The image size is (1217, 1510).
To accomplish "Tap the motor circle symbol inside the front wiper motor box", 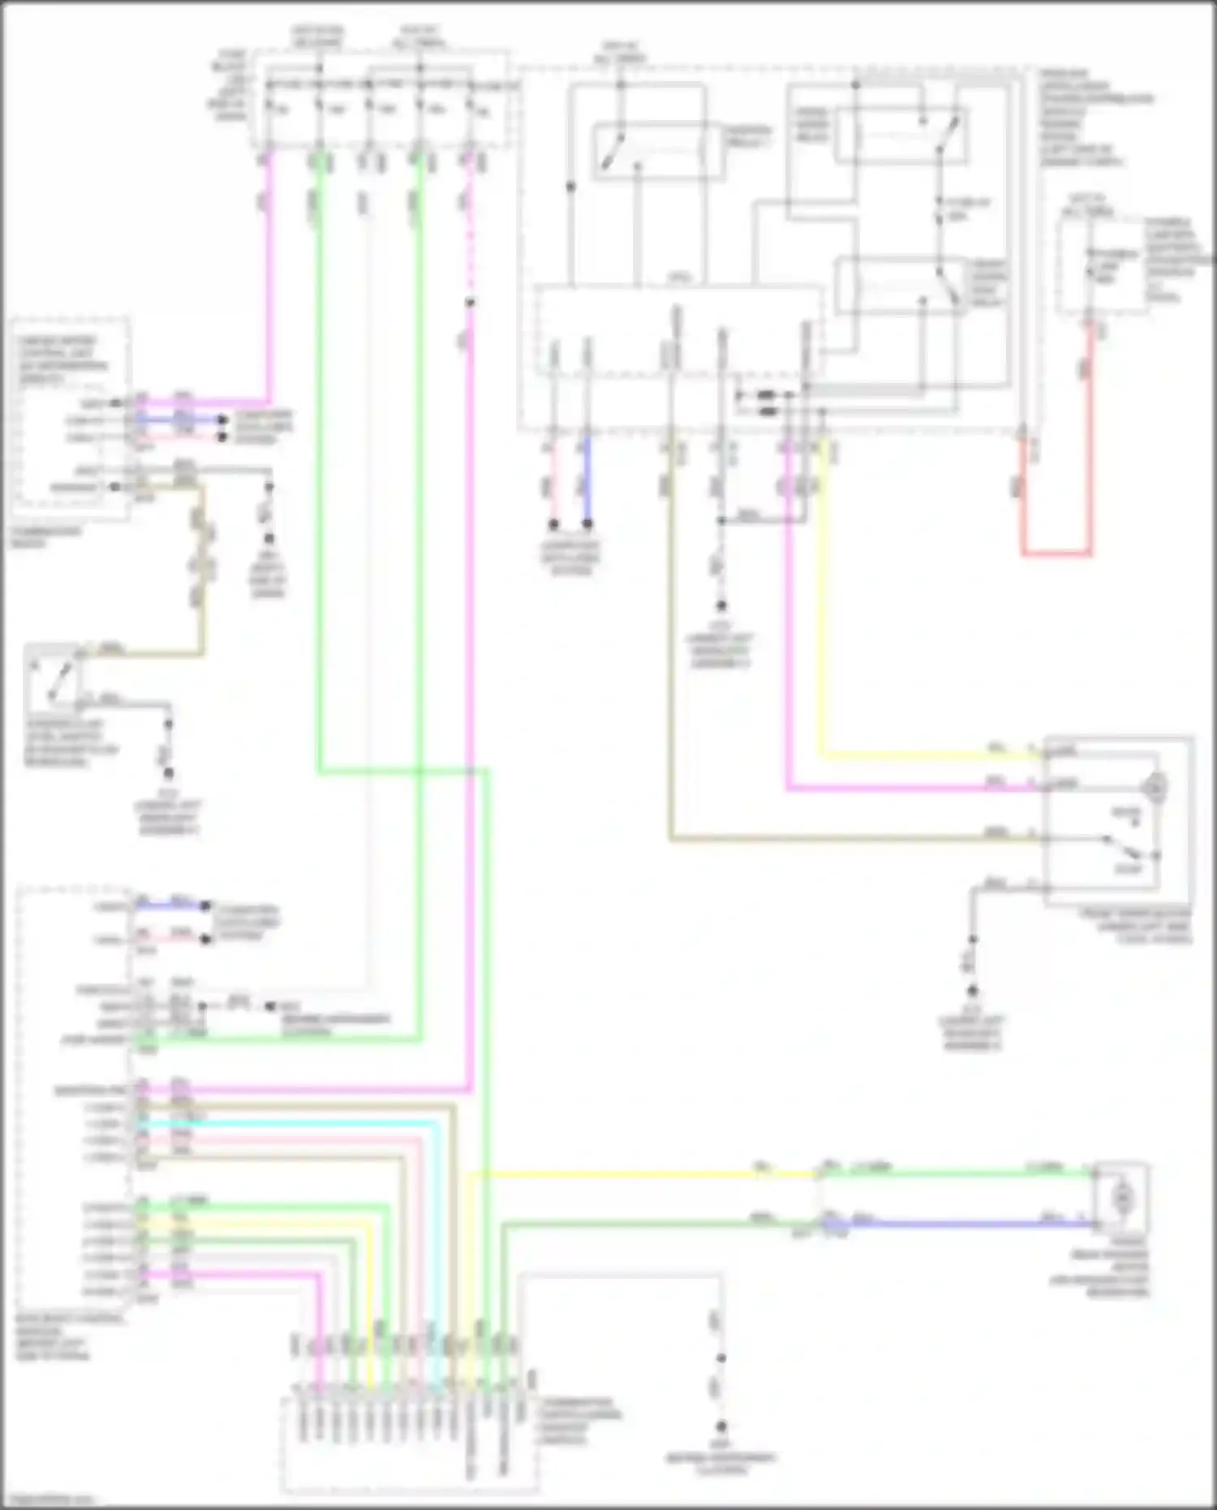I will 1155,785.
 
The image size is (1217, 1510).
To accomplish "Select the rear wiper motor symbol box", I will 1122,1196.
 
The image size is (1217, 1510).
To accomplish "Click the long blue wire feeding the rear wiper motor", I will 957,1224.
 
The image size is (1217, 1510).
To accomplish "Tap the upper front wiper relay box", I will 901,136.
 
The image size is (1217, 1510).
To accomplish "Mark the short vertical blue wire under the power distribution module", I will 587,479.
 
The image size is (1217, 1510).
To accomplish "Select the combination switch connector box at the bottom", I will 409,1444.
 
